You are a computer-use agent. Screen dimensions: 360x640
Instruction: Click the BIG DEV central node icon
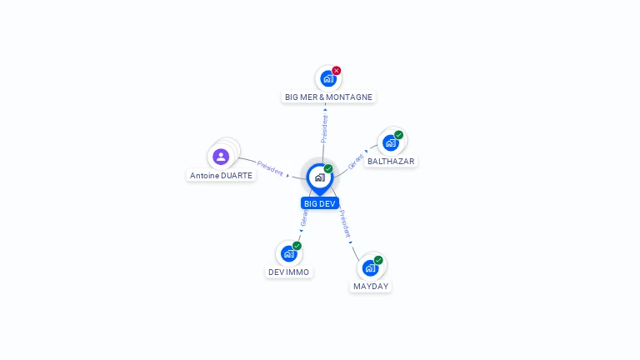pyautogui.click(x=319, y=177)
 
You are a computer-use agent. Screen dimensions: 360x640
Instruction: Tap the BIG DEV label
pyautogui.click(x=320, y=203)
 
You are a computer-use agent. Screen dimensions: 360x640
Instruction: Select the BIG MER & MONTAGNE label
pyautogui.click(x=328, y=97)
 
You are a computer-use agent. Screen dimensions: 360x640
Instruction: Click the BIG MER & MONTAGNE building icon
pyautogui.click(x=328, y=78)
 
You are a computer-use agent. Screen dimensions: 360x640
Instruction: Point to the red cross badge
pyautogui.click(x=337, y=71)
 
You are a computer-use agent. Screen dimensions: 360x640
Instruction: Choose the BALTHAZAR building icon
pyautogui.click(x=391, y=142)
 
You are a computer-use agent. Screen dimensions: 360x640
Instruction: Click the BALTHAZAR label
pyautogui.click(x=391, y=161)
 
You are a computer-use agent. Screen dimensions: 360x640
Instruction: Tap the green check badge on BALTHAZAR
pyautogui.click(x=399, y=135)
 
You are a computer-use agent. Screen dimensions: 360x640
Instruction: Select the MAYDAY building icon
pyautogui.click(x=370, y=267)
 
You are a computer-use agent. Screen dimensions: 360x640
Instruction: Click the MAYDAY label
pyautogui.click(x=370, y=286)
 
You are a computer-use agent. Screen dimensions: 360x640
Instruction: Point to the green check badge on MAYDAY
pyautogui.click(x=378, y=260)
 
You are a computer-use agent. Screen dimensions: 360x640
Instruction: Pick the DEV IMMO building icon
pyautogui.click(x=288, y=253)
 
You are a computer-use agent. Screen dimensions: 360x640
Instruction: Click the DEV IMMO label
pyautogui.click(x=288, y=272)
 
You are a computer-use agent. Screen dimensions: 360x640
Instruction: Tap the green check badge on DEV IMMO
pyautogui.click(x=297, y=246)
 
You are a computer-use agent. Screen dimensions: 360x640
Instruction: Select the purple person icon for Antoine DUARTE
pyautogui.click(x=221, y=156)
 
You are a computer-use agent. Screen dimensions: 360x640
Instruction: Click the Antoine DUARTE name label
pyautogui.click(x=221, y=175)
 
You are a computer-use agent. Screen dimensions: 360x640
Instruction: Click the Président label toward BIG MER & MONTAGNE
pyautogui.click(x=324, y=128)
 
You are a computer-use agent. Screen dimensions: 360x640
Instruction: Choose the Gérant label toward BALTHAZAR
pyautogui.click(x=356, y=161)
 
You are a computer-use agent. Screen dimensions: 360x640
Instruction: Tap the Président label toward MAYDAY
pyautogui.click(x=345, y=223)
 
